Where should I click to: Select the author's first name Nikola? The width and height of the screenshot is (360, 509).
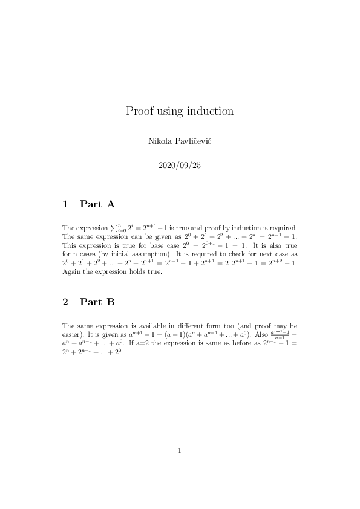(160, 141)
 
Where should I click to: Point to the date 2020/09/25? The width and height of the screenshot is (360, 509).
(179, 165)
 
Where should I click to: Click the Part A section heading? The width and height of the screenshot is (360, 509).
(97, 204)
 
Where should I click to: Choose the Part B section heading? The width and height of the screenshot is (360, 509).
(97, 302)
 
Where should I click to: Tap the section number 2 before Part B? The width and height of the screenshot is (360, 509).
(65, 302)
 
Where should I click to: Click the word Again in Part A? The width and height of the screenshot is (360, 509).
(71, 272)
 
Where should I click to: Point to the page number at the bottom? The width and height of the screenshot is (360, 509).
(180, 450)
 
